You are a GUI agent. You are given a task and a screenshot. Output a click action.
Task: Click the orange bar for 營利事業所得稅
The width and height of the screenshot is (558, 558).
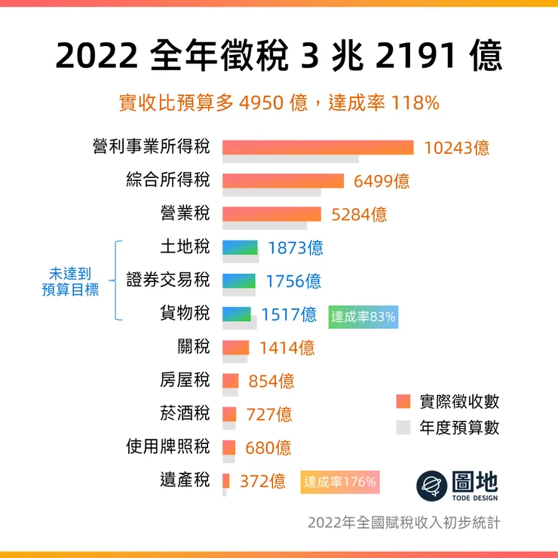click(x=317, y=147)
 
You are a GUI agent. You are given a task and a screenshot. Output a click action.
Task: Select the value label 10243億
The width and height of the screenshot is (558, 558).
click(x=457, y=148)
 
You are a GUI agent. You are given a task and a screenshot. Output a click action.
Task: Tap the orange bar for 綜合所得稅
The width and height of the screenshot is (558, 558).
click(x=283, y=181)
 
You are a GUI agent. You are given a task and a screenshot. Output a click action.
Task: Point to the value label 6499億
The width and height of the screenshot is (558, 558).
click(x=382, y=181)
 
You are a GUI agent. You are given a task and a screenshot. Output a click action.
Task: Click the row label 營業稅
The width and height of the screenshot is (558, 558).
click(x=185, y=213)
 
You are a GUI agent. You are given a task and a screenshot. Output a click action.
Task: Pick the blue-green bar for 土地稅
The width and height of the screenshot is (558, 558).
click(x=241, y=247)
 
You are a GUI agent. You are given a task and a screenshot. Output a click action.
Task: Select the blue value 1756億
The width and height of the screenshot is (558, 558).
click(x=293, y=281)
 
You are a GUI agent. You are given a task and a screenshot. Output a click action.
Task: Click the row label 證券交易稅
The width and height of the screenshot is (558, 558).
click(x=167, y=281)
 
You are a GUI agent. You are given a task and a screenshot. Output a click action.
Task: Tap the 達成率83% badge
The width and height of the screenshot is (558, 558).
click(x=363, y=317)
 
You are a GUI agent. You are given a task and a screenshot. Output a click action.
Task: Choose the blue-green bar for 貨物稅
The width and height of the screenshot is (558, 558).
click(x=236, y=314)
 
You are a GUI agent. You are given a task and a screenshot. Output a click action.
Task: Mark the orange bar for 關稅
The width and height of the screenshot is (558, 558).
click(x=235, y=348)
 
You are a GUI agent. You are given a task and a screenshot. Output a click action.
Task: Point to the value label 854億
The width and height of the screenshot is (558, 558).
click(x=271, y=381)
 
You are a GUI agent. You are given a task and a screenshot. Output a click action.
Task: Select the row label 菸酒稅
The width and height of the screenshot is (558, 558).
click(x=185, y=413)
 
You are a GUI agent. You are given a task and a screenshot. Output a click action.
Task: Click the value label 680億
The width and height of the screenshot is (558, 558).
click(x=268, y=447)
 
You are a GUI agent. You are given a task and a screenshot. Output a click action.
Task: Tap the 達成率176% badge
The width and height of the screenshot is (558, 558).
click(x=340, y=482)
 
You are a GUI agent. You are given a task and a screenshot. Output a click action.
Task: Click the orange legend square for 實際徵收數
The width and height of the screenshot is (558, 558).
click(x=403, y=401)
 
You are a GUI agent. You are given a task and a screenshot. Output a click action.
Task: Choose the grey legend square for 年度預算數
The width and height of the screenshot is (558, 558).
click(x=403, y=428)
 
